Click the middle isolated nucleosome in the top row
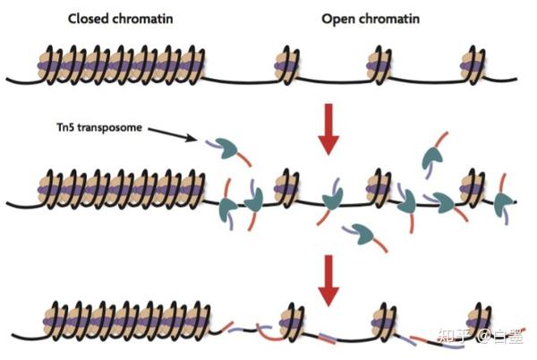pos(379,66)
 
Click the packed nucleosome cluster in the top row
pos(121,66)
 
